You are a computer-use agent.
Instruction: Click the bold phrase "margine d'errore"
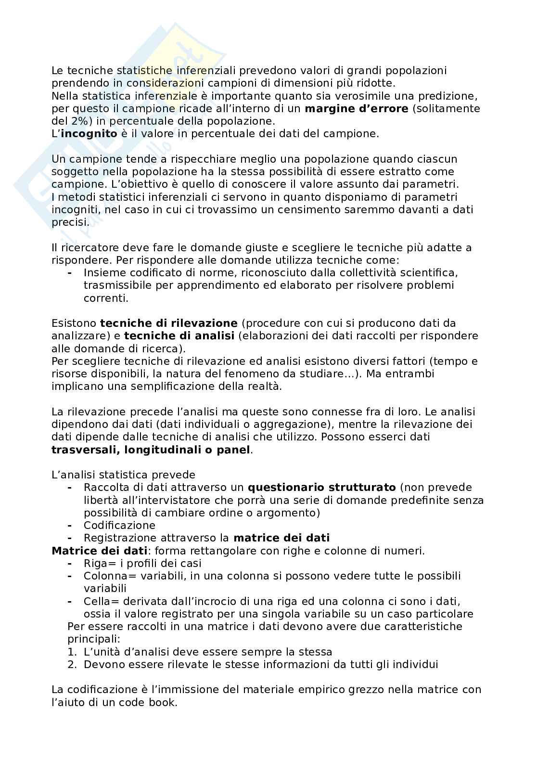(x=356, y=109)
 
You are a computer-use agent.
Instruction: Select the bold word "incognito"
(x=89, y=134)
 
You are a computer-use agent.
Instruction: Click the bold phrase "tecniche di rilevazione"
(x=168, y=323)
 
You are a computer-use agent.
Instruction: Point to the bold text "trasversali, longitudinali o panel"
(x=151, y=450)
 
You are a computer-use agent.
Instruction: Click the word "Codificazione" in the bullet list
(x=119, y=525)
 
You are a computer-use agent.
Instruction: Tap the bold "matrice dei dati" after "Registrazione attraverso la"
(x=281, y=538)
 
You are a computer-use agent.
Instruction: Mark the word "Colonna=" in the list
(x=106, y=576)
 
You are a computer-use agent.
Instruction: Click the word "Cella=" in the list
(x=101, y=601)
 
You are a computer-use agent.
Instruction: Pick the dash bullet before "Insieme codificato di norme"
(x=70, y=273)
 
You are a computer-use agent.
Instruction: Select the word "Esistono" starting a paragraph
(x=74, y=323)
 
